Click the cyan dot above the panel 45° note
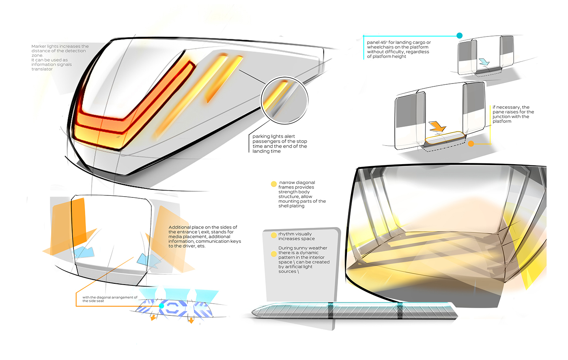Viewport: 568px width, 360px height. [459, 36]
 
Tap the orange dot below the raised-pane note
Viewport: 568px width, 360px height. [471, 144]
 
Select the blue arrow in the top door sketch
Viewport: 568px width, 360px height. [484, 62]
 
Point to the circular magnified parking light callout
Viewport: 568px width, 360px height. [284, 100]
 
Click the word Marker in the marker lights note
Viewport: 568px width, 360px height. [39, 47]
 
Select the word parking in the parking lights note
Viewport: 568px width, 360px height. [261, 137]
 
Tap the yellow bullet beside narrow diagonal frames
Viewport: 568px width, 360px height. [274, 184]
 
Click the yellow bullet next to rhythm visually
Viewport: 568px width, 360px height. [274, 235]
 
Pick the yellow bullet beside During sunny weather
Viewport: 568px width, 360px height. [274, 254]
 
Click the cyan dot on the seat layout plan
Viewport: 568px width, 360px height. [161, 306]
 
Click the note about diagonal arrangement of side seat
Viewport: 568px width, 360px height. [110, 299]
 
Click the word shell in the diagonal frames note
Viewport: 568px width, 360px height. [284, 206]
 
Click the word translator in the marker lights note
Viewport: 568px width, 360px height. [42, 69]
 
